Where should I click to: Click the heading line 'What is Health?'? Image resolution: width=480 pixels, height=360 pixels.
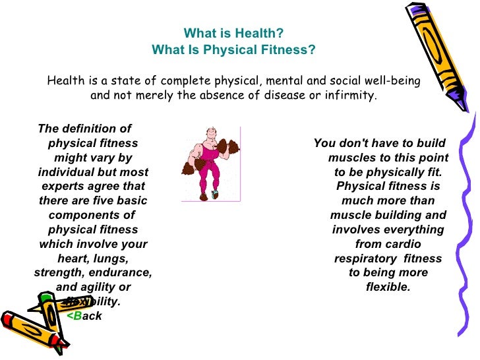[233, 34]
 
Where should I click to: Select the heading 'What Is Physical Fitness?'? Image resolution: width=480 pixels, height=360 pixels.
[233, 50]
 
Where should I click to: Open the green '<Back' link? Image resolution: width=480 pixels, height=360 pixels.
[84, 316]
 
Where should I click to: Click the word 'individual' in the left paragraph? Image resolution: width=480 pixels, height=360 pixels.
[65, 172]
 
